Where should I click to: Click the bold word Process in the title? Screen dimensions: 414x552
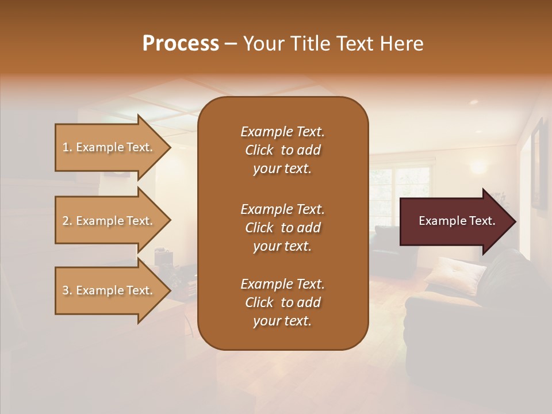click(181, 44)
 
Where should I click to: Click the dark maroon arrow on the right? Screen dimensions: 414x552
click(454, 221)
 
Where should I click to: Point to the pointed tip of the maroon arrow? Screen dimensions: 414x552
click(515, 221)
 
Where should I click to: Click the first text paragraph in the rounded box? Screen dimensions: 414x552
click(282, 150)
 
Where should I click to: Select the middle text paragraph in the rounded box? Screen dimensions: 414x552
click(282, 227)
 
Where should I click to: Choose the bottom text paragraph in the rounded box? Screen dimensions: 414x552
click(282, 302)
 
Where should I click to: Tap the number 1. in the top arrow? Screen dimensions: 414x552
click(67, 147)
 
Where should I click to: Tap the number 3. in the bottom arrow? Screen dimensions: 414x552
click(67, 290)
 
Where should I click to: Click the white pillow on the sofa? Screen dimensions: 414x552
click(455, 273)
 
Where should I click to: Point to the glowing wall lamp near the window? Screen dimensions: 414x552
click(479, 168)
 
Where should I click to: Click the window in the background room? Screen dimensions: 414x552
click(402, 190)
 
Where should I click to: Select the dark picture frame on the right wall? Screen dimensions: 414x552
click(539, 164)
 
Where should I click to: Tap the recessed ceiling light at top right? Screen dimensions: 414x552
click(473, 102)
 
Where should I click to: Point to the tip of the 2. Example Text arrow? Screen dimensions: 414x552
click(170, 221)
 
